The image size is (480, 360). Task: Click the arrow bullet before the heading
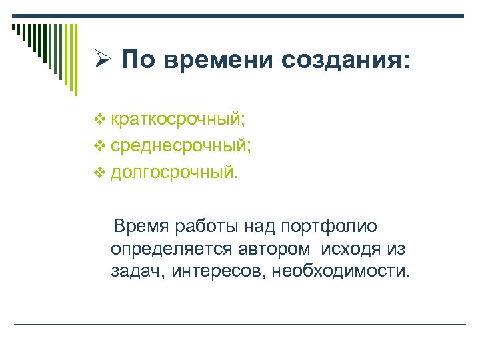tap(103, 61)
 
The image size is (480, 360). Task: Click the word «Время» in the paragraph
tap(141, 226)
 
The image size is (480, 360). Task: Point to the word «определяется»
tap(172, 249)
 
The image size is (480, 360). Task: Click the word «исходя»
tap(351, 249)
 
